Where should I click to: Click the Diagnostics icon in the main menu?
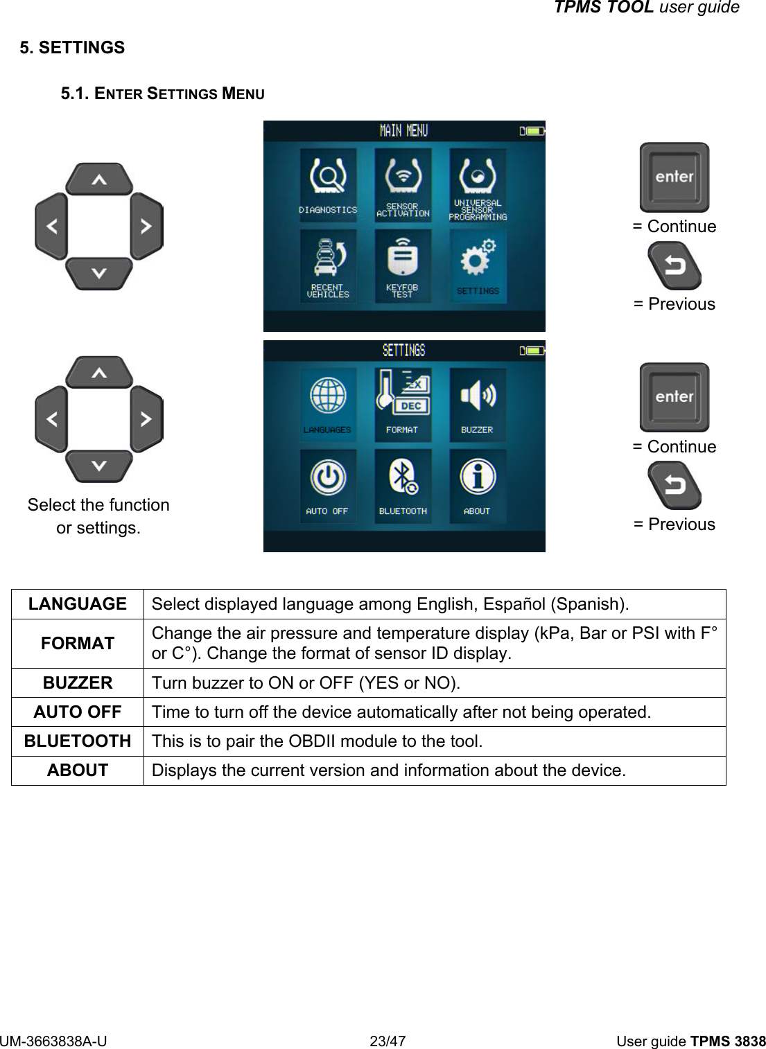(328, 184)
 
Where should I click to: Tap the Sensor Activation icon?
(403, 184)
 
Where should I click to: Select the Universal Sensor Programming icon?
(478, 184)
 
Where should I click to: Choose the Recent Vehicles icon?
(328, 266)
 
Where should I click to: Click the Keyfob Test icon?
(403, 266)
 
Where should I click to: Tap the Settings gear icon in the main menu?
(478, 266)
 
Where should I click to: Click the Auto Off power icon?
(328, 485)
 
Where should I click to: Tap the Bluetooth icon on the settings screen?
(403, 485)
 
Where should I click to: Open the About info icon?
(478, 485)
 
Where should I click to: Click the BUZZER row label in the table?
(78, 683)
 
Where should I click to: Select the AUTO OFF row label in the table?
(78, 712)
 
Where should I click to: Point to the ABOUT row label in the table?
(78, 770)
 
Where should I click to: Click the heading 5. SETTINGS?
(73, 48)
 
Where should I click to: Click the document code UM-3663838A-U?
(53, 1041)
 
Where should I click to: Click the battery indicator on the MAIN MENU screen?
(532, 130)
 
